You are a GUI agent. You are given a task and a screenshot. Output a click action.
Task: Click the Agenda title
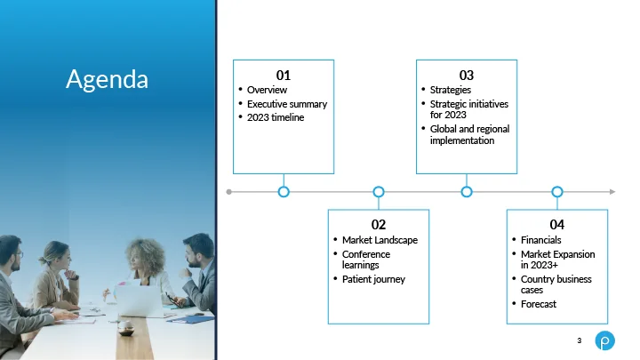107,80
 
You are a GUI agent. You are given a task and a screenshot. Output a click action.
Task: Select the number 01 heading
284,75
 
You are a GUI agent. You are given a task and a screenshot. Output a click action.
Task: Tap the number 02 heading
379,225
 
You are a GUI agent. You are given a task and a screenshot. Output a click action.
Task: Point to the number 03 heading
467,75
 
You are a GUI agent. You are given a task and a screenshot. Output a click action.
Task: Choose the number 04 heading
557,225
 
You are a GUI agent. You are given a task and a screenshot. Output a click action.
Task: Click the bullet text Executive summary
287,104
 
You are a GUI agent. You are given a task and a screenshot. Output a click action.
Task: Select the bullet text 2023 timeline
276,117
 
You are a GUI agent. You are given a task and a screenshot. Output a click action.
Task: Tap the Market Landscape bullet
380,240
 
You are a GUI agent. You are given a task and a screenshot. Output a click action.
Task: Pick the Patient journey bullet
373,280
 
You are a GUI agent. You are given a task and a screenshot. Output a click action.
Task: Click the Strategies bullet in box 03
450,90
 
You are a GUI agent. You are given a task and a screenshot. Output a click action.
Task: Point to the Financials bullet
540,240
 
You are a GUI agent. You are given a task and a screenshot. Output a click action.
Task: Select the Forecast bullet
539,304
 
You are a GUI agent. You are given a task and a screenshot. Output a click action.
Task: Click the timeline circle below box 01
284,192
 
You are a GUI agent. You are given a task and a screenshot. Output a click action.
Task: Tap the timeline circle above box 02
379,192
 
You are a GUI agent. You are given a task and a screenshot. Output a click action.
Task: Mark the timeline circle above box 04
557,192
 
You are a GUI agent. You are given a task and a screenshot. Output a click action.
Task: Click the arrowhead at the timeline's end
612,192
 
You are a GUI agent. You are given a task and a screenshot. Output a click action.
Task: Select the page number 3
580,340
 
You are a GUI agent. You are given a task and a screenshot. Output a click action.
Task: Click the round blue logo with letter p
605,340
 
